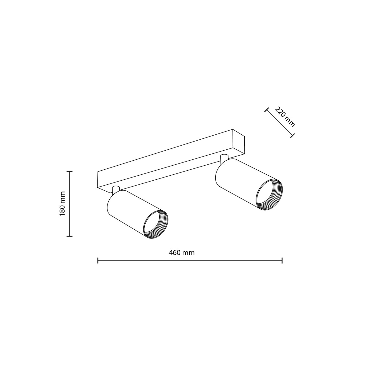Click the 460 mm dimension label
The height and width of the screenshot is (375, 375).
(182, 253)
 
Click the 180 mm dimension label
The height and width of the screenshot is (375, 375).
(62, 203)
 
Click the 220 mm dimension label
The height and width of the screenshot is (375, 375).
(285, 117)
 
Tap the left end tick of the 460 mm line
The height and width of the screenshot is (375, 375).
(98, 260)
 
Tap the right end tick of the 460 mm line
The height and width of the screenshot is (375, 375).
(282, 260)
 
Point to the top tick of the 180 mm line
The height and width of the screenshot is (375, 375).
(69, 172)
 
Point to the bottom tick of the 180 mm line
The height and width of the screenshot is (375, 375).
(69, 236)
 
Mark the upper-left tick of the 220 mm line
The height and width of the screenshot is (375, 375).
(267, 110)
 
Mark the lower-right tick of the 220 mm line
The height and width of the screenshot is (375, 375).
(292, 135)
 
